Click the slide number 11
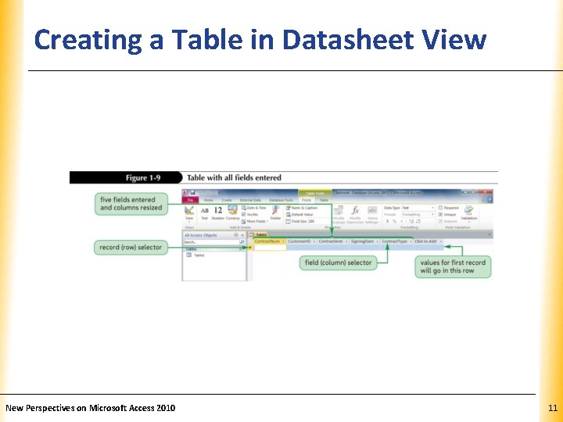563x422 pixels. tap(552, 408)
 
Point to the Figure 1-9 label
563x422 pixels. tap(149, 177)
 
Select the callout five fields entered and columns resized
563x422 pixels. tap(131, 203)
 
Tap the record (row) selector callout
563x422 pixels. tap(131, 247)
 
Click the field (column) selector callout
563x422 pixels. tap(338, 263)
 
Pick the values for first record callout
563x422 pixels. tap(453, 266)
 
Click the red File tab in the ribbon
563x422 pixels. tap(189, 200)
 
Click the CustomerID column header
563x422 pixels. tap(300, 241)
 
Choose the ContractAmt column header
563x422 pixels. tap(332, 241)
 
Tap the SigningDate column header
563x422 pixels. tap(364, 241)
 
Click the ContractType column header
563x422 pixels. tap(396, 241)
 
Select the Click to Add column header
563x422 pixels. tap(427, 241)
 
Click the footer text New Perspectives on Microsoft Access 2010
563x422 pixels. tap(91, 408)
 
